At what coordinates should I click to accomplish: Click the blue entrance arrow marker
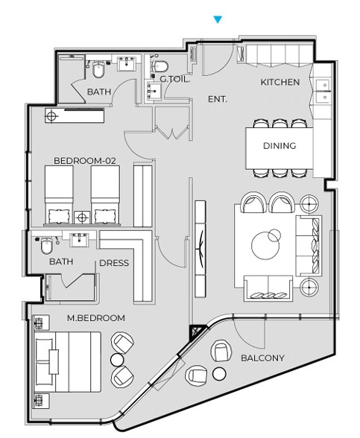218,19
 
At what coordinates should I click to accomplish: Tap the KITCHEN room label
280,82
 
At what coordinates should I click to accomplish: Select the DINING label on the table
280,145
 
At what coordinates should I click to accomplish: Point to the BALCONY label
262,358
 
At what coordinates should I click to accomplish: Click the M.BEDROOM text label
96,318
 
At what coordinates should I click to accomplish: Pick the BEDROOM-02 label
85,161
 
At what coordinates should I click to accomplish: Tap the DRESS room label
114,263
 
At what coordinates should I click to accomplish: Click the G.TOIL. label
175,79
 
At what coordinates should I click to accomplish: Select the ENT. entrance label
218,99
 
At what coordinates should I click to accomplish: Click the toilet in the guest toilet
160,66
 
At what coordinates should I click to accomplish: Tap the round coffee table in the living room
265,245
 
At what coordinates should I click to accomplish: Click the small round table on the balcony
219,374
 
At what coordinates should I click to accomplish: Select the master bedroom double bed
67,362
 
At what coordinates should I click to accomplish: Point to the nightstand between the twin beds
82,218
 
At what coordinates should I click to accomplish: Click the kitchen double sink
322,91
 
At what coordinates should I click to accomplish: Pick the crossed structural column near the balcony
197,332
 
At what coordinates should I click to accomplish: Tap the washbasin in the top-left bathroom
127,63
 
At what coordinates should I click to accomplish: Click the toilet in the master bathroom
46,245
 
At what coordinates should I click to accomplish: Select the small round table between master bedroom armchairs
118,360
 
